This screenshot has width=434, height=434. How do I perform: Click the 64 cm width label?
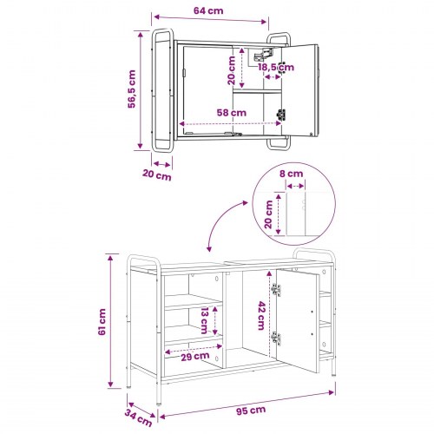click(x=208, y=10)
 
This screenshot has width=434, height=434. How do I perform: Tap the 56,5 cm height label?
click(x=132, y=89)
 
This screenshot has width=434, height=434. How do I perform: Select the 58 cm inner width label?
click(x=232, y=112)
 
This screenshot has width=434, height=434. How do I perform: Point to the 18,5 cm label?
click(x=276, y=68)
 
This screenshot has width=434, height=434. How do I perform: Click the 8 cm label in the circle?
click(x=291, y=174)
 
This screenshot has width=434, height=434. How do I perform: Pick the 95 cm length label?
click(x=251, y=410)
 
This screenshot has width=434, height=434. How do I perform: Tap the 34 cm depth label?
click(x=138, y=418)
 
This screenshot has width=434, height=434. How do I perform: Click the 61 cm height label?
click(x=102, y=322)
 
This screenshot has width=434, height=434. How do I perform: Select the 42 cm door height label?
click(x=261, y=316)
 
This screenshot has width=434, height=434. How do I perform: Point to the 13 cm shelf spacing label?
click(x=205, y=320)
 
